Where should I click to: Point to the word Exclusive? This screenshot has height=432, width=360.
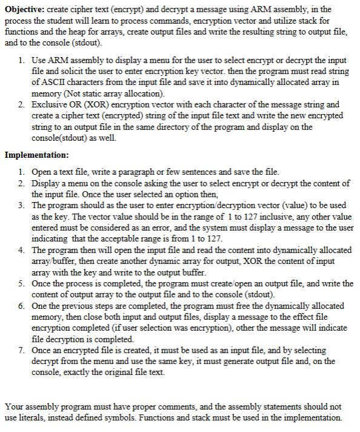pos(49,105)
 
